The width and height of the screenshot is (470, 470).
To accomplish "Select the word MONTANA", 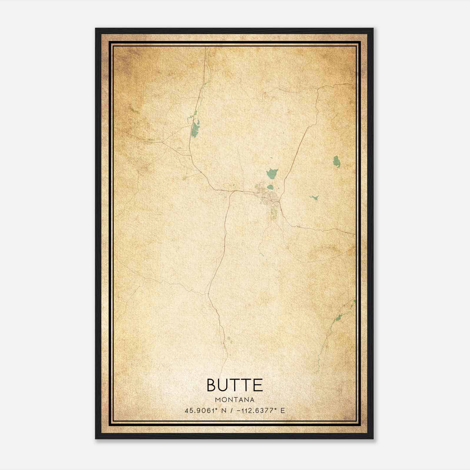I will point(235,400).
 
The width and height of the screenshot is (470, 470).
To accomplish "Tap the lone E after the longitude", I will point(283,411).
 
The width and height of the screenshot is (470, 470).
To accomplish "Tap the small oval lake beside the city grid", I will point(270,187).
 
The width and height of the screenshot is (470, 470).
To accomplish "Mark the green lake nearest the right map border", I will point(337,161).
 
